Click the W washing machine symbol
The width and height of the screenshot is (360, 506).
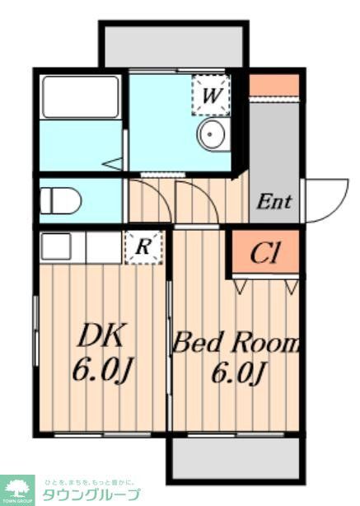tap(211, 95)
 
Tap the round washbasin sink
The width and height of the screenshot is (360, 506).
tap(212, 133)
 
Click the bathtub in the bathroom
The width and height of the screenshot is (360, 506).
tap(81, 97)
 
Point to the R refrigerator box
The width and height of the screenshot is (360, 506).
tap(143, 245)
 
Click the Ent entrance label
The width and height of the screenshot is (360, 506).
tap(274, 200)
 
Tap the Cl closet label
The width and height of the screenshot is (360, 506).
tap(265, 254)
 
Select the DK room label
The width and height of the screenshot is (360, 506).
tap(101, 335)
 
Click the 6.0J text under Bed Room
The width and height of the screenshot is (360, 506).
tap(239, 374)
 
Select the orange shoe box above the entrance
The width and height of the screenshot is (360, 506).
tap(274, 84)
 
